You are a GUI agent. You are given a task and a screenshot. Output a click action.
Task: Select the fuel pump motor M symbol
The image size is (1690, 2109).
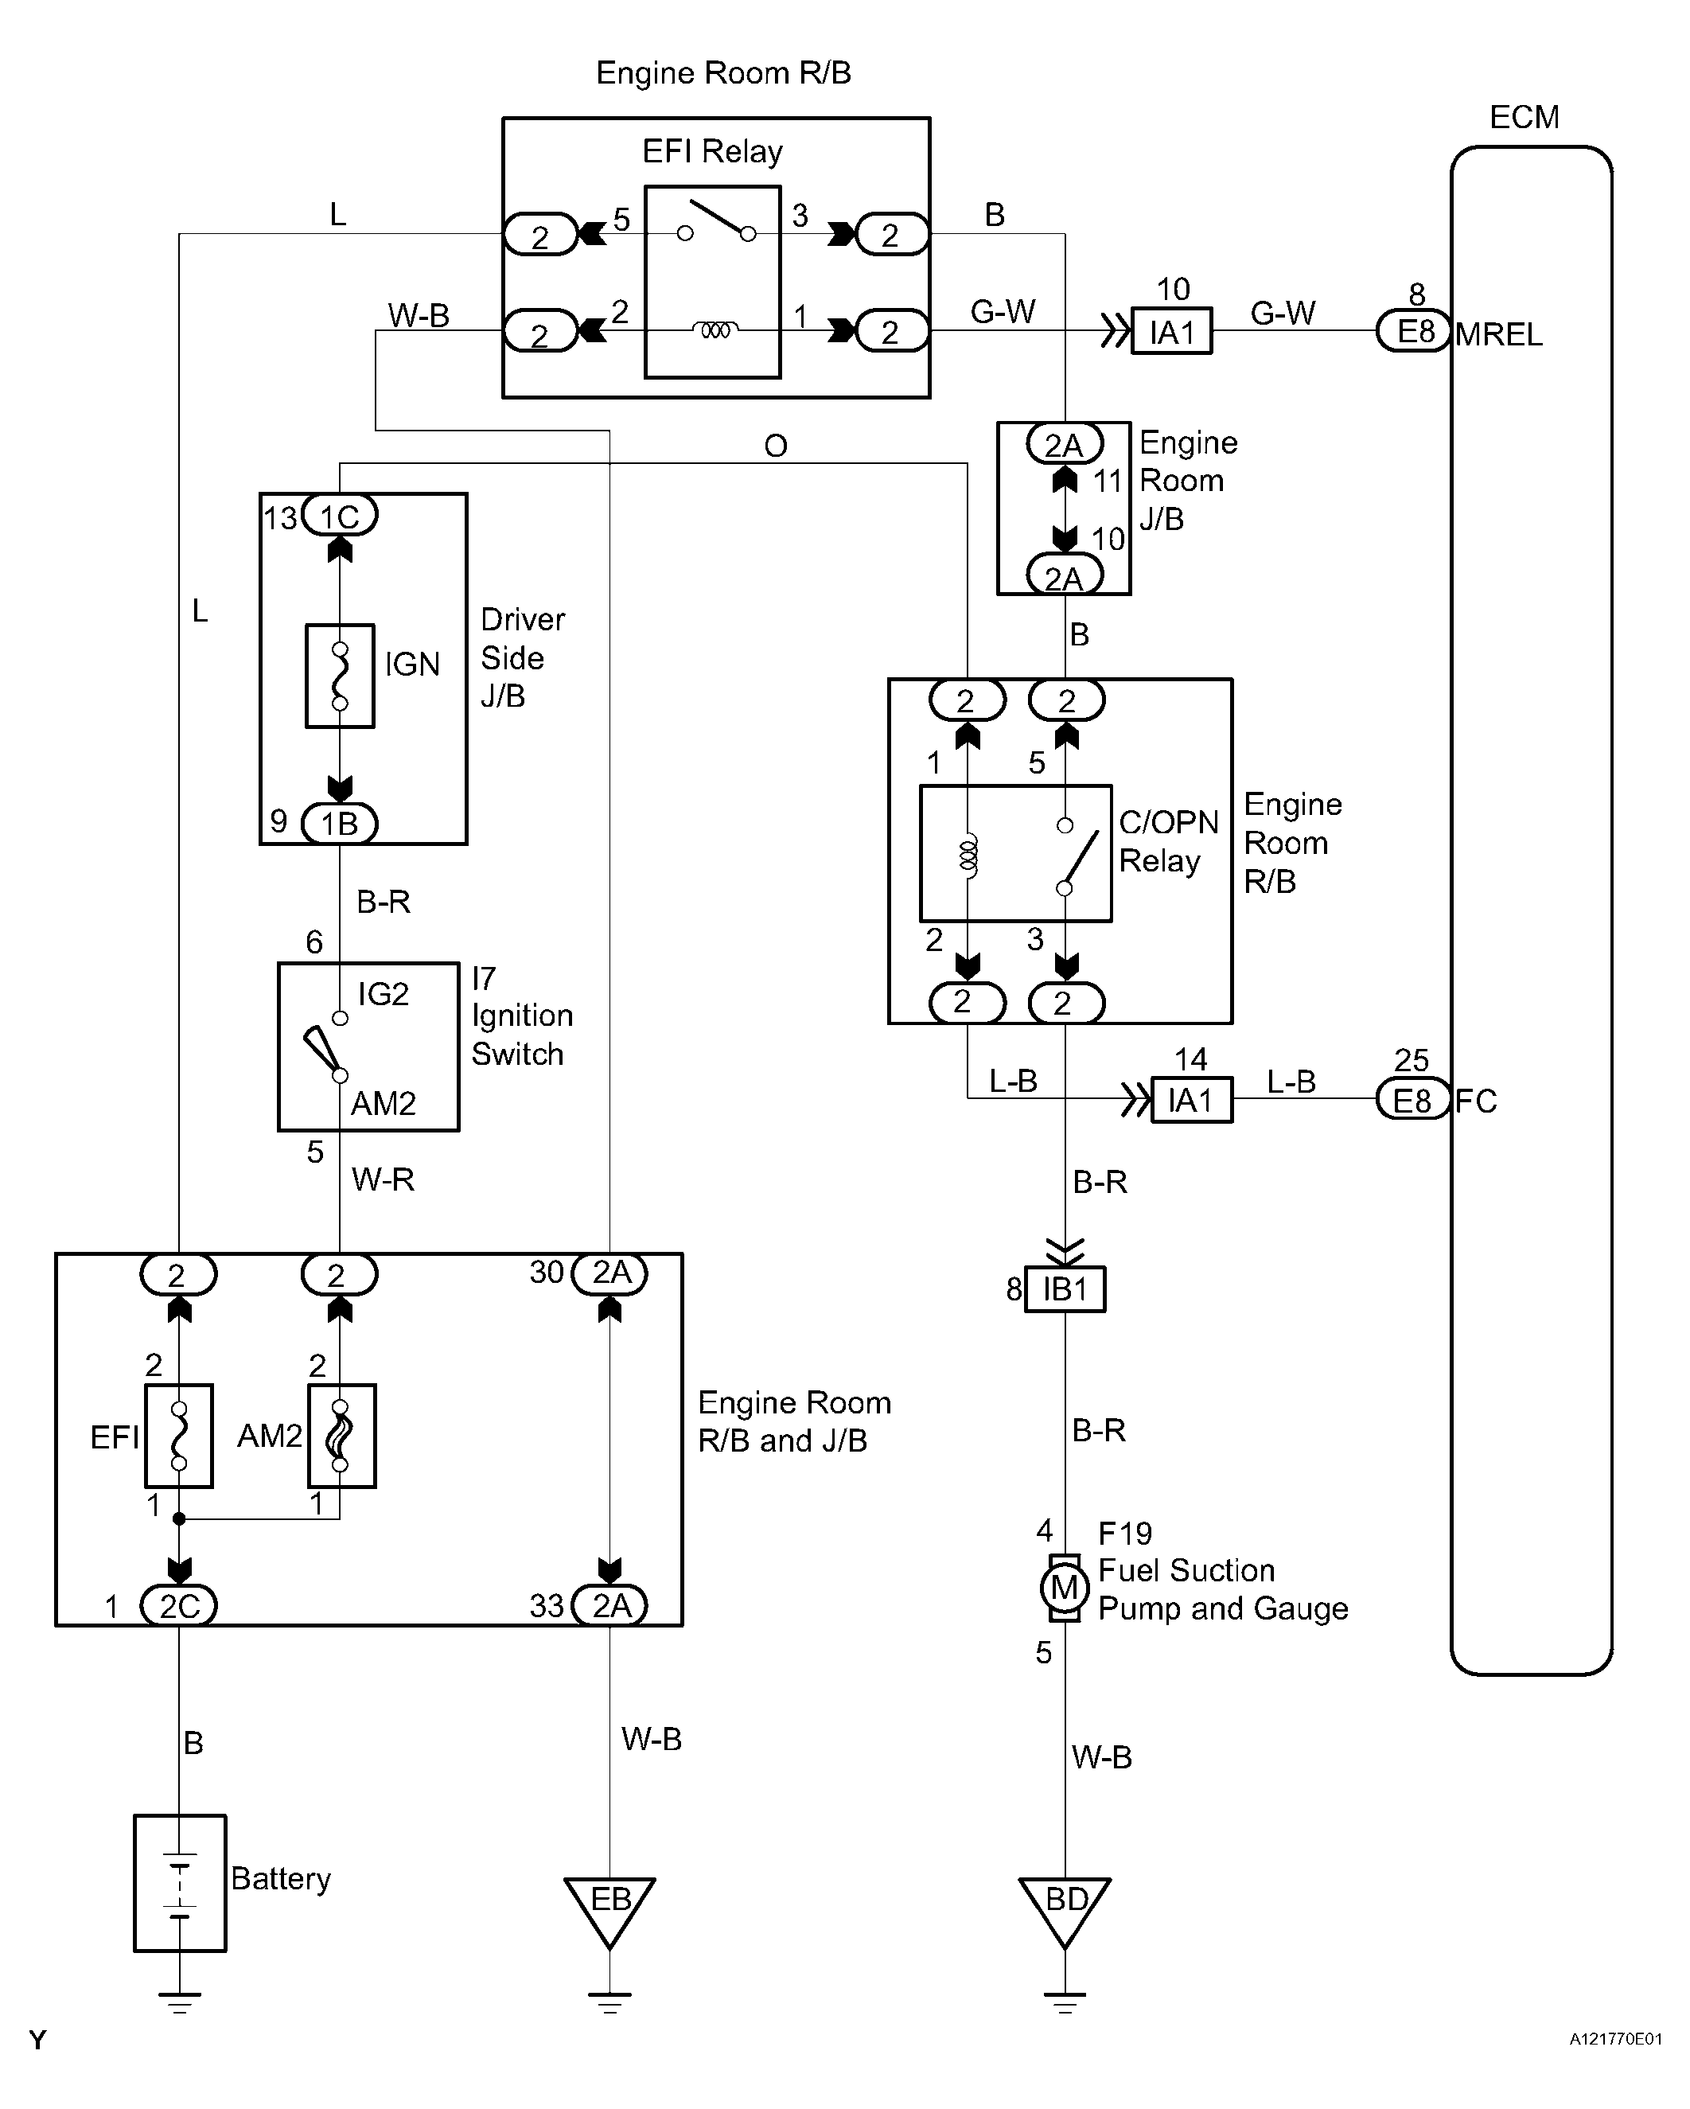(x=1064, y=1588)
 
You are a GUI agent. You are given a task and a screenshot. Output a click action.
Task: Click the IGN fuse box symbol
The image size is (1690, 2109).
(x=341, y=676)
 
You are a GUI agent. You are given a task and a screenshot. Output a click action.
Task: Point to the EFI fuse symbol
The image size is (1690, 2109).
(x=179, y=1436)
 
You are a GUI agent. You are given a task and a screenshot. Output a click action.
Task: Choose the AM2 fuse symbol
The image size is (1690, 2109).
(x=341, y=1436)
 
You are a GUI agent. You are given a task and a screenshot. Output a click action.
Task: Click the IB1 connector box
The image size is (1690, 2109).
(x=1065, y=1289)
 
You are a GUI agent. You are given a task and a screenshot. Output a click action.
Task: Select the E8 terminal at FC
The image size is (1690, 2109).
(x=1412, y=1100)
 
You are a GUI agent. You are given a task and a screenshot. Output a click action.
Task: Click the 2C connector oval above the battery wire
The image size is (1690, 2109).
(x=179, y=1605)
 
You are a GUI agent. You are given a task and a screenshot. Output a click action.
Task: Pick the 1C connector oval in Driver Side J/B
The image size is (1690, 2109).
(x=340, y=516)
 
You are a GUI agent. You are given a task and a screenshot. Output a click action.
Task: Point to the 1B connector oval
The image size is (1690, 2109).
(x=340, y=823)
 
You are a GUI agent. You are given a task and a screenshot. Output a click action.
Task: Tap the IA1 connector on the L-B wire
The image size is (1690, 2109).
(x=1191, y=1100)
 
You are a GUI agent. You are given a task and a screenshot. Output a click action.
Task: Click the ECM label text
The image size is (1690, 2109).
(x=1524, y=117)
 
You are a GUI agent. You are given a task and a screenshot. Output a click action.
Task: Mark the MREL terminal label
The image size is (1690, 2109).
(x=1498, y=334)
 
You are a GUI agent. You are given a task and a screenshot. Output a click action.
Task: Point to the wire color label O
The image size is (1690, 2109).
(x=776, y=446)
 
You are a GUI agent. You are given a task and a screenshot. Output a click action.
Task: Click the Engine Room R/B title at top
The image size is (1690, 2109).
(x=724, y=73)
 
